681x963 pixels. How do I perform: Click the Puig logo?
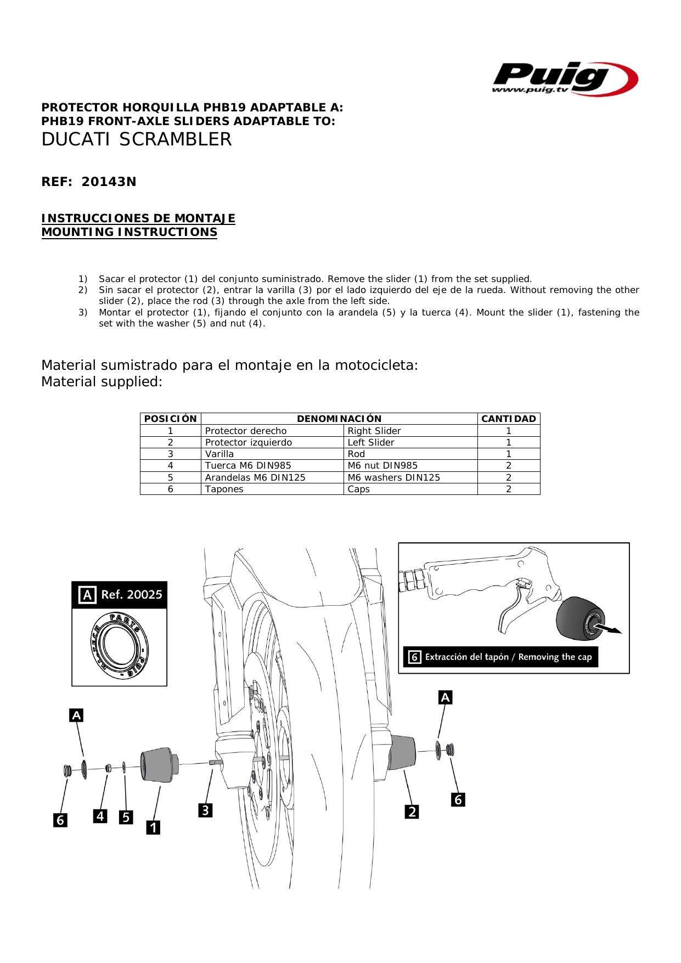pyautogui.click(x=564, y=78)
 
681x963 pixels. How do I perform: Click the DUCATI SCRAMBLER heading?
pyautogui.click(x=137, y=139)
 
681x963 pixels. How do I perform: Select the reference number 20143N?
pyautogui.click(x=109, y=182)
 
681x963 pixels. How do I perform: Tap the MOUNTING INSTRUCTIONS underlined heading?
pyautogui.click(x=130, y=232)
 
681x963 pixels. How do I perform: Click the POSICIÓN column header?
pyautogui.click(x=170, y=419)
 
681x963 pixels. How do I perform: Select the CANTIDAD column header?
pyautogui.click(x=508, y=419)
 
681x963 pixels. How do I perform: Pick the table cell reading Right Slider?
pyautogui.click(x=374, y=431)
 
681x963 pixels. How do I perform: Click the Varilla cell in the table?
pyautogui.click(x=220, y=454)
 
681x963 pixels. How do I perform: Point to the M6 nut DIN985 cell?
pyautogui.click(x=382, y=465)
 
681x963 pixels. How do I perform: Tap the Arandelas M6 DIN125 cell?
pyautogui.click(x=255, y=477)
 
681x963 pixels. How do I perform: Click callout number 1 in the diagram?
pyautogui.click(x=153, y=827)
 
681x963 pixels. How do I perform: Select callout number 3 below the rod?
pyautogui.click(x=205, y=810)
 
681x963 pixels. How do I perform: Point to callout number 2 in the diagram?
pyautogui.click(x=412, y=811)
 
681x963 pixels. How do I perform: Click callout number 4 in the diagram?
pyautogui.click(x=100, y=816)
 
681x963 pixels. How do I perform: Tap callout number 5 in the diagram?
pyautogui.click(x=126, y=817)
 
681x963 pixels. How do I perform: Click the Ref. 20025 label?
pyautogui.click(x=131, y=595)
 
